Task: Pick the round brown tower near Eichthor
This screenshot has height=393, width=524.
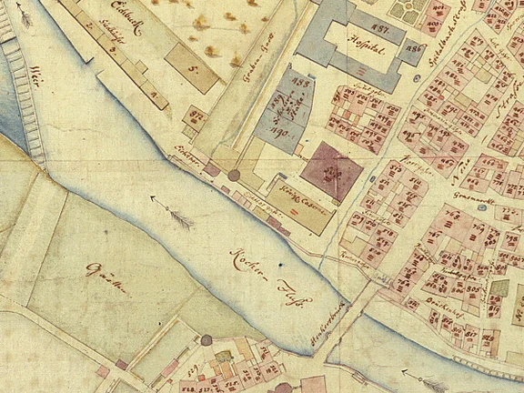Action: (x=233, y=174)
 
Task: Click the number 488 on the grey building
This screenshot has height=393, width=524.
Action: (x=295, y=86)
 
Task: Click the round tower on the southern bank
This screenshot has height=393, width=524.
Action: (x=208, y=340)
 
